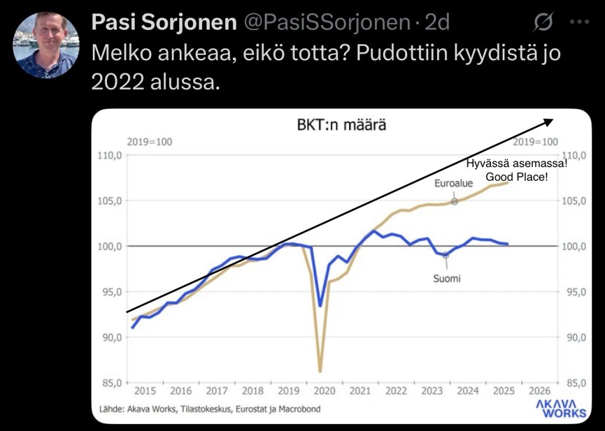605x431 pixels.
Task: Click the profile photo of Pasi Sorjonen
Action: point(46,45)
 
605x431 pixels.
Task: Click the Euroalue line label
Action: point(454,184)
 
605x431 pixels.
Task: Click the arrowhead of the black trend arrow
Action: point(548,121)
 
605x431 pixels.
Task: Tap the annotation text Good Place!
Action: point(516,177)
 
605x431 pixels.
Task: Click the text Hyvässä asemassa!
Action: point(516,164)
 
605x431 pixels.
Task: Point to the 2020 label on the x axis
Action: point(324,391)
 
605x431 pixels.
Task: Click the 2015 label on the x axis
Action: point(145,391)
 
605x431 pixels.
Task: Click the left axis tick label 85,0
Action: point(110,383)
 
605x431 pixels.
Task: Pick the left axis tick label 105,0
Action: point(110,201)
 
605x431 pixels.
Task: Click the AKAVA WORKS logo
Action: point(561,408)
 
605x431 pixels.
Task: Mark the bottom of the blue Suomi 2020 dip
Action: point(320,306)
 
